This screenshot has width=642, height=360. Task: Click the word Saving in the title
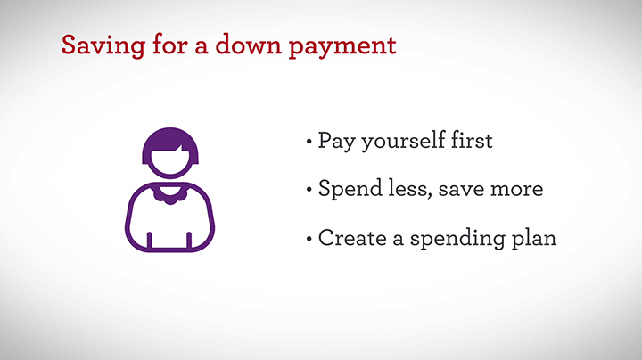103,45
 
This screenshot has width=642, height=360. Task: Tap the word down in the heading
249,45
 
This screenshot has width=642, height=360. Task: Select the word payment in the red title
342,46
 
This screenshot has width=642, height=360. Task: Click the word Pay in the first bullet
336,142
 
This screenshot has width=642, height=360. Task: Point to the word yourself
403,141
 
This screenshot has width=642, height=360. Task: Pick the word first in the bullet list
472,140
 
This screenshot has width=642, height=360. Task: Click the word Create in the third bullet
352,238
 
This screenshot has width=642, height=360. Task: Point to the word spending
457,239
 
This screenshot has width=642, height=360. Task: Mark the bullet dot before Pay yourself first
309,143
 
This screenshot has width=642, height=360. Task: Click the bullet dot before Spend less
309,190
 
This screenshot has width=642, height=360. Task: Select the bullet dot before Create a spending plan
309,239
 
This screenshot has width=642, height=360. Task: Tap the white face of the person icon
170,161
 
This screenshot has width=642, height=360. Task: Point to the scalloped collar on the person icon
170,195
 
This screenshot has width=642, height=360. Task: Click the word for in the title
170,45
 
